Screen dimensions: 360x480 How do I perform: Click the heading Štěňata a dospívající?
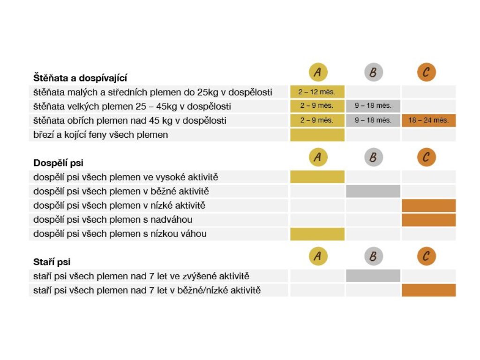(x=80, y=78)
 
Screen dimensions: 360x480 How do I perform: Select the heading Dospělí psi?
(x=59, y=163)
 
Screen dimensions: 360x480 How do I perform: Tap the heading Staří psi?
(x=52, y=262)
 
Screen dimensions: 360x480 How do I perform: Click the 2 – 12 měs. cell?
(x=317, y=92)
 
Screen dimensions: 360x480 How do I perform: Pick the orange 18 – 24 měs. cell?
(x=428, y=120)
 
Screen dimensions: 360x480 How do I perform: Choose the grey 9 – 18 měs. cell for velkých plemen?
(x=373, y=106)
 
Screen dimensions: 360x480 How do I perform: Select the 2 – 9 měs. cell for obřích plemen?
(x=317, y=120)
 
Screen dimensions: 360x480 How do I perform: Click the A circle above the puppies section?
(x=318, y=72)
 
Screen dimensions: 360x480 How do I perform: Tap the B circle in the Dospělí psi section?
(x=373, y=157)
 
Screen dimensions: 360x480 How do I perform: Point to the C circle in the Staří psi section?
(x=426, y=256)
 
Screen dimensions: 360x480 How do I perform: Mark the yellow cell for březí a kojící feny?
(x=317, y=135)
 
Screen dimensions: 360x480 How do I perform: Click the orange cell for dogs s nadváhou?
(x=428, y=220)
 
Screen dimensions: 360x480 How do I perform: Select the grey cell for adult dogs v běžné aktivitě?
(x=373, y=191)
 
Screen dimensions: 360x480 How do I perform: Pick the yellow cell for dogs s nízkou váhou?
(x=317, y=234)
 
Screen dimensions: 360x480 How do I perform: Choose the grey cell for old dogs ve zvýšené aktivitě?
(x=373, y=276)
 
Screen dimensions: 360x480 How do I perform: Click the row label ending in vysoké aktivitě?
(x=126, y=177)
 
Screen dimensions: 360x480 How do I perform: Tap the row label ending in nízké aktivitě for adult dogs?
(x=120, y=205)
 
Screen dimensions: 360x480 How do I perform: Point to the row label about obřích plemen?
(x=130, y=120)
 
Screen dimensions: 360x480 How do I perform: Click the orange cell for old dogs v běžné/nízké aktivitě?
(x=428, y=290)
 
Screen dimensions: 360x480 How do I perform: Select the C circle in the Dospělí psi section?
(x=426, y=157)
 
